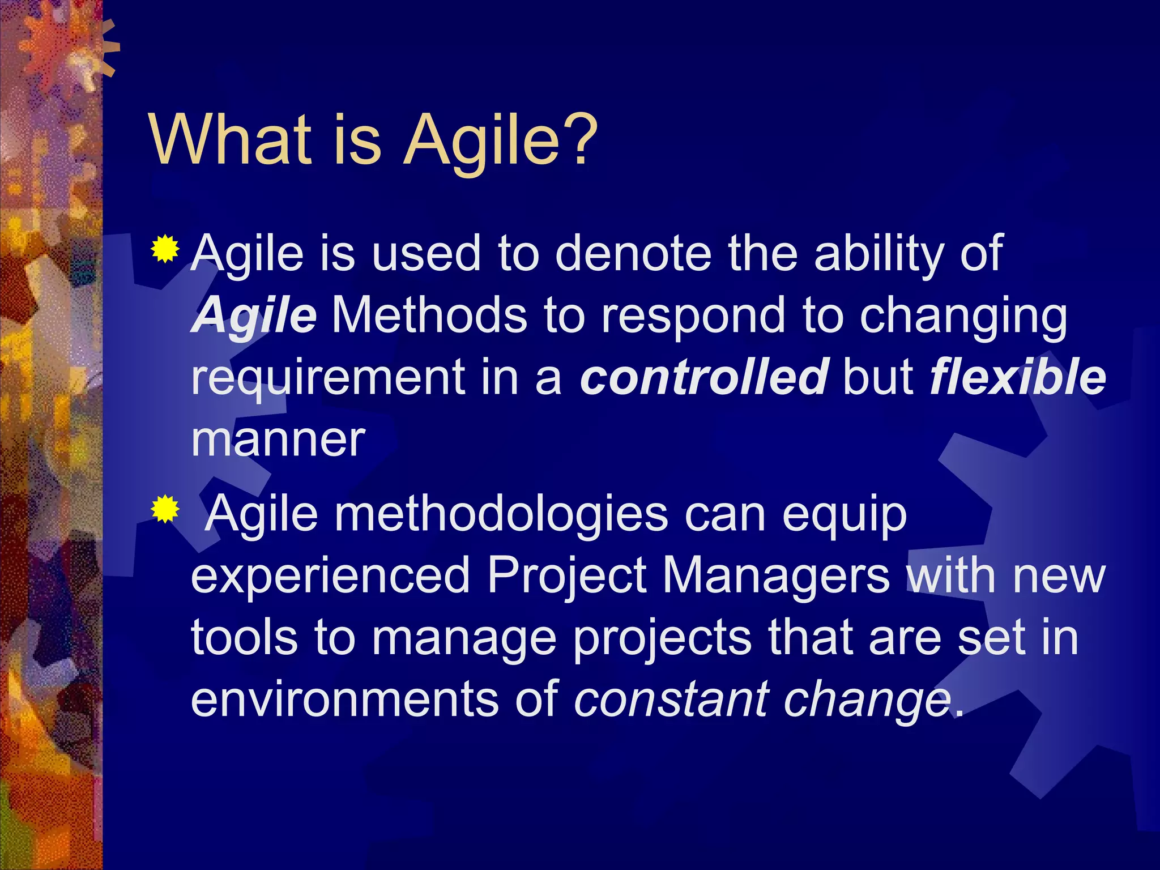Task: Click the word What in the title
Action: pos(230,139)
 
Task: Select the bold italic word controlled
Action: pos(704,377)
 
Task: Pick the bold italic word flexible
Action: pos(1017,377)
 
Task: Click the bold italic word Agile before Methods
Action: pos(254,315)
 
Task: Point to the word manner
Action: pos(278,439)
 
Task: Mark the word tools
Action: pos(244,637)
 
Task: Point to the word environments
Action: pos(346,699)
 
